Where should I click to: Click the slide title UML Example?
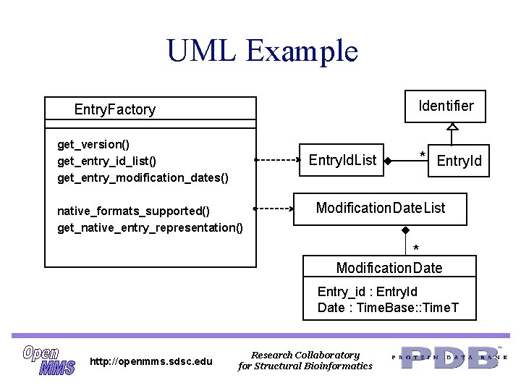[x=262, y=51]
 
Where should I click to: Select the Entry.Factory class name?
[x=114, y=109]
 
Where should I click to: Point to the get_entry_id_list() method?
[x=106, y=160]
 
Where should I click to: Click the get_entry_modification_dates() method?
[x=143, y=177]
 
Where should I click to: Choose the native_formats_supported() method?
[x=133, y=211]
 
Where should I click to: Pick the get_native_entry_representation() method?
[x=150, y=227]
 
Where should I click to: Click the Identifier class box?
[x=446, y=106]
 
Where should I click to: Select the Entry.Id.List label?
[x=342, y=159]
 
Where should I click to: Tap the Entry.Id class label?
[x=459, y=160]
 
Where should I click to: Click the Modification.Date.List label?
[x=381, y=209]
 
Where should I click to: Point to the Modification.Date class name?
[x=389, y=268]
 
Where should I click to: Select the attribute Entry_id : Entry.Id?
[x=367, y=292]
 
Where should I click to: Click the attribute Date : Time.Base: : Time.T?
[x=388, y=308]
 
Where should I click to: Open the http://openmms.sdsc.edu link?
[x=151, y=361]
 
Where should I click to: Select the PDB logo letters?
[x=449, y=358]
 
